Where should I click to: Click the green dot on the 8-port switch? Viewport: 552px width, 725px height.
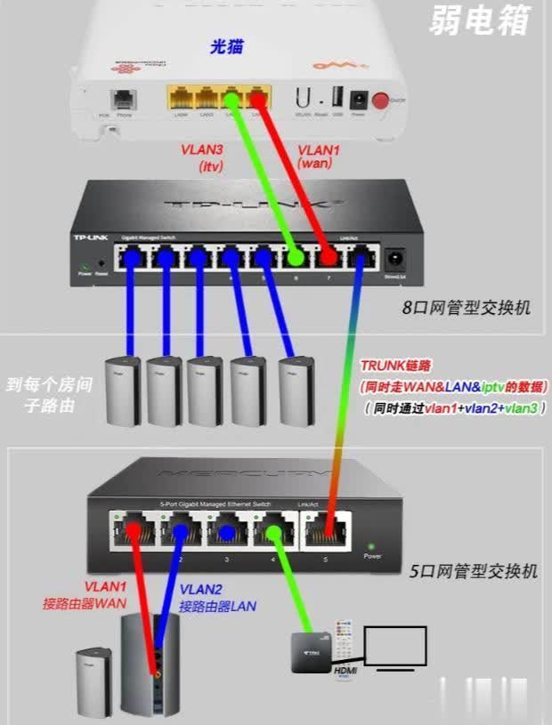(x=295, y=259)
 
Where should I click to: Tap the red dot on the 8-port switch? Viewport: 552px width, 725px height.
(x=329, y=259)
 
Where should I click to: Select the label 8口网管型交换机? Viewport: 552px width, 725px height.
(x=467, y=307)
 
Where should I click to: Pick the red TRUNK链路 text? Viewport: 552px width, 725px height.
(x=396, y=366)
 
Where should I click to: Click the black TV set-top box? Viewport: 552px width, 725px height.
(x=316, y=650)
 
